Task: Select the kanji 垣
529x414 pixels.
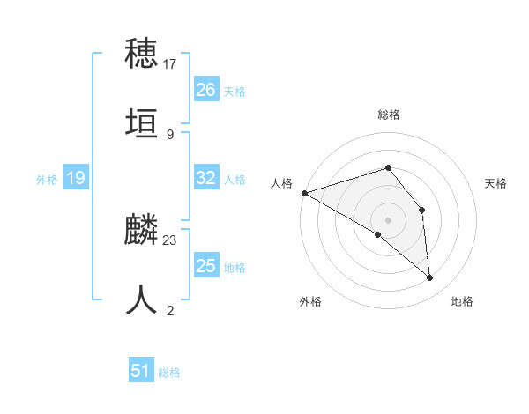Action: [142, 124]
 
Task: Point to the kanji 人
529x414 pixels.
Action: [142, 300]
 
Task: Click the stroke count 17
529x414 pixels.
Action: [170, 63]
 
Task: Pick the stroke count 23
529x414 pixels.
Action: [170, 240]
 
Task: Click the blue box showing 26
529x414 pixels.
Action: [205, 89]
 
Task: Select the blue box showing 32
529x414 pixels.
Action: [205, 178]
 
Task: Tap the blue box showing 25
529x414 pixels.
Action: [205, 266]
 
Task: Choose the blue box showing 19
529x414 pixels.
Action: [75, 178]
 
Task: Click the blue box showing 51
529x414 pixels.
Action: [141, 371]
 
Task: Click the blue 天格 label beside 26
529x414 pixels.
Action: [235, 91]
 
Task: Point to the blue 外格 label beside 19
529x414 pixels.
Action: [47, 180]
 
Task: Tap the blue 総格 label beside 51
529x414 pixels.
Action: [169, 373]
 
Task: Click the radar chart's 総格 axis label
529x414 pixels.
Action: [388, 115]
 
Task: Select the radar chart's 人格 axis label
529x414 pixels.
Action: [281, 183]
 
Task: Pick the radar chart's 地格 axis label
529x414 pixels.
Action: [462, 301]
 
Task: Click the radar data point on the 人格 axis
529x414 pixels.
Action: [303, 192]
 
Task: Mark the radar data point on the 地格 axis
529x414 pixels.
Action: [430, 278]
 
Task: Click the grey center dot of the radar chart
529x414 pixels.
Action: [388, 219]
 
